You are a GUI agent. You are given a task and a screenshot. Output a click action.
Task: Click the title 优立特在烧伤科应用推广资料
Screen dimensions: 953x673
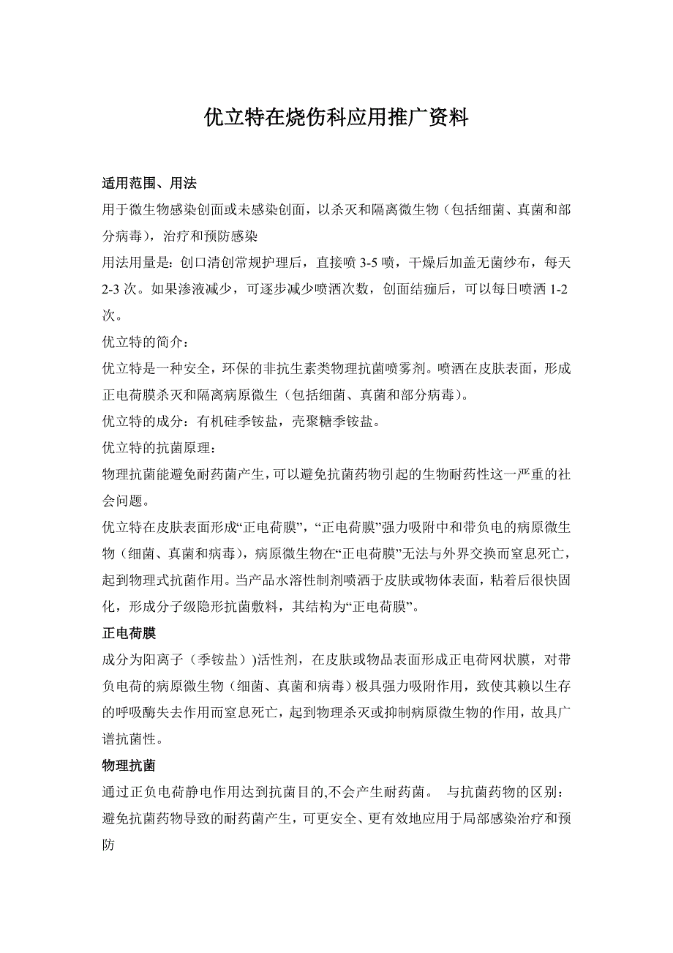(x=336, y=118)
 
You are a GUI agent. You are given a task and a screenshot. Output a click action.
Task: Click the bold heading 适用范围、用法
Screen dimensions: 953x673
(x=149, y=183)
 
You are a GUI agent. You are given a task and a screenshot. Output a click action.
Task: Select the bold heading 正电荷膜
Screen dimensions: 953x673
(x=129, y=632)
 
